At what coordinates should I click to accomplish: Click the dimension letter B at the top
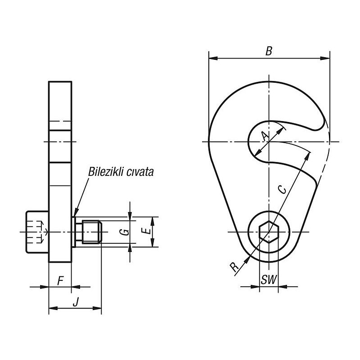269,51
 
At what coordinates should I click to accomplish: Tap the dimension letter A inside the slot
265,135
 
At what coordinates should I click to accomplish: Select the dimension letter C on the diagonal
283,189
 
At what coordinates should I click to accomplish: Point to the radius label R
234,267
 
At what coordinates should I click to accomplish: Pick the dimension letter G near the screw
126,232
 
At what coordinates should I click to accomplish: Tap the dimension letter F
60,281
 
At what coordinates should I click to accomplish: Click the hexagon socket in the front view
269,232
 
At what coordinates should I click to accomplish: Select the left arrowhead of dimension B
211,58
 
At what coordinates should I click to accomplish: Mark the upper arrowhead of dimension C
309,154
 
